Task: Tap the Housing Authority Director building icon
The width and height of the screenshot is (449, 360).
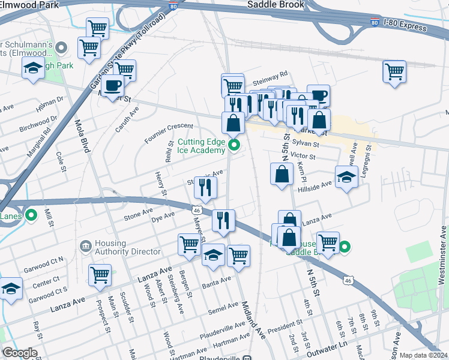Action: point(85,246)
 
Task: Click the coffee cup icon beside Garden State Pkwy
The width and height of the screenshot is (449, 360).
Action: point(112,86)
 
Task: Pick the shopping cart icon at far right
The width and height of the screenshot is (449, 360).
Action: point(394,71)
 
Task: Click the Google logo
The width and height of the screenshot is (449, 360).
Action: point(19,353)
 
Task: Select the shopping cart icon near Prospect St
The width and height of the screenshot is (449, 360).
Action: point(100,275)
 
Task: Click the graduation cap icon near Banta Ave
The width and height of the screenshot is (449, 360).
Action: point(212,254)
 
